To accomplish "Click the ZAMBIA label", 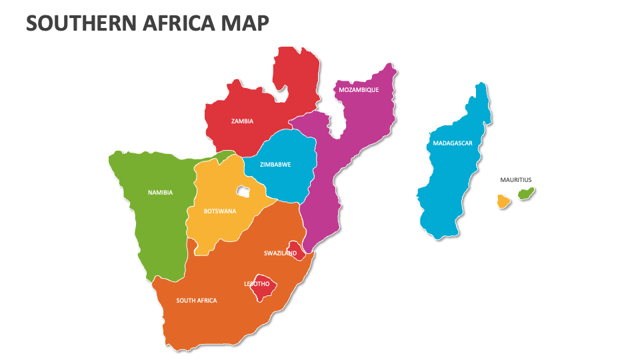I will tap(242, 121).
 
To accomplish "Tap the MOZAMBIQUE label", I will tap(359, 89).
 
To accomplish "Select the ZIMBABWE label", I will tap(275, 164).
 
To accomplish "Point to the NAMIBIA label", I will tap(160, 193).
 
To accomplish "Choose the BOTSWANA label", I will tap(220, 211).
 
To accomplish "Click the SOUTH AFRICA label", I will tap(197, 301).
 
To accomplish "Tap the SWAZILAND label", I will tap(280, 253).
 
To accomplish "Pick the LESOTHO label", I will tap(257, 284).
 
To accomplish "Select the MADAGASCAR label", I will tap(453, 143).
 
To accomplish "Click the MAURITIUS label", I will tap(516, 179).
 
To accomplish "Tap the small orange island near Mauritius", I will tap(503, 201).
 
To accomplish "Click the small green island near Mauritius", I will tap(527, 194).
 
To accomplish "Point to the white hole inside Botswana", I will tap(242, 192).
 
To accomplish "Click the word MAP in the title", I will tap(249, 24).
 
